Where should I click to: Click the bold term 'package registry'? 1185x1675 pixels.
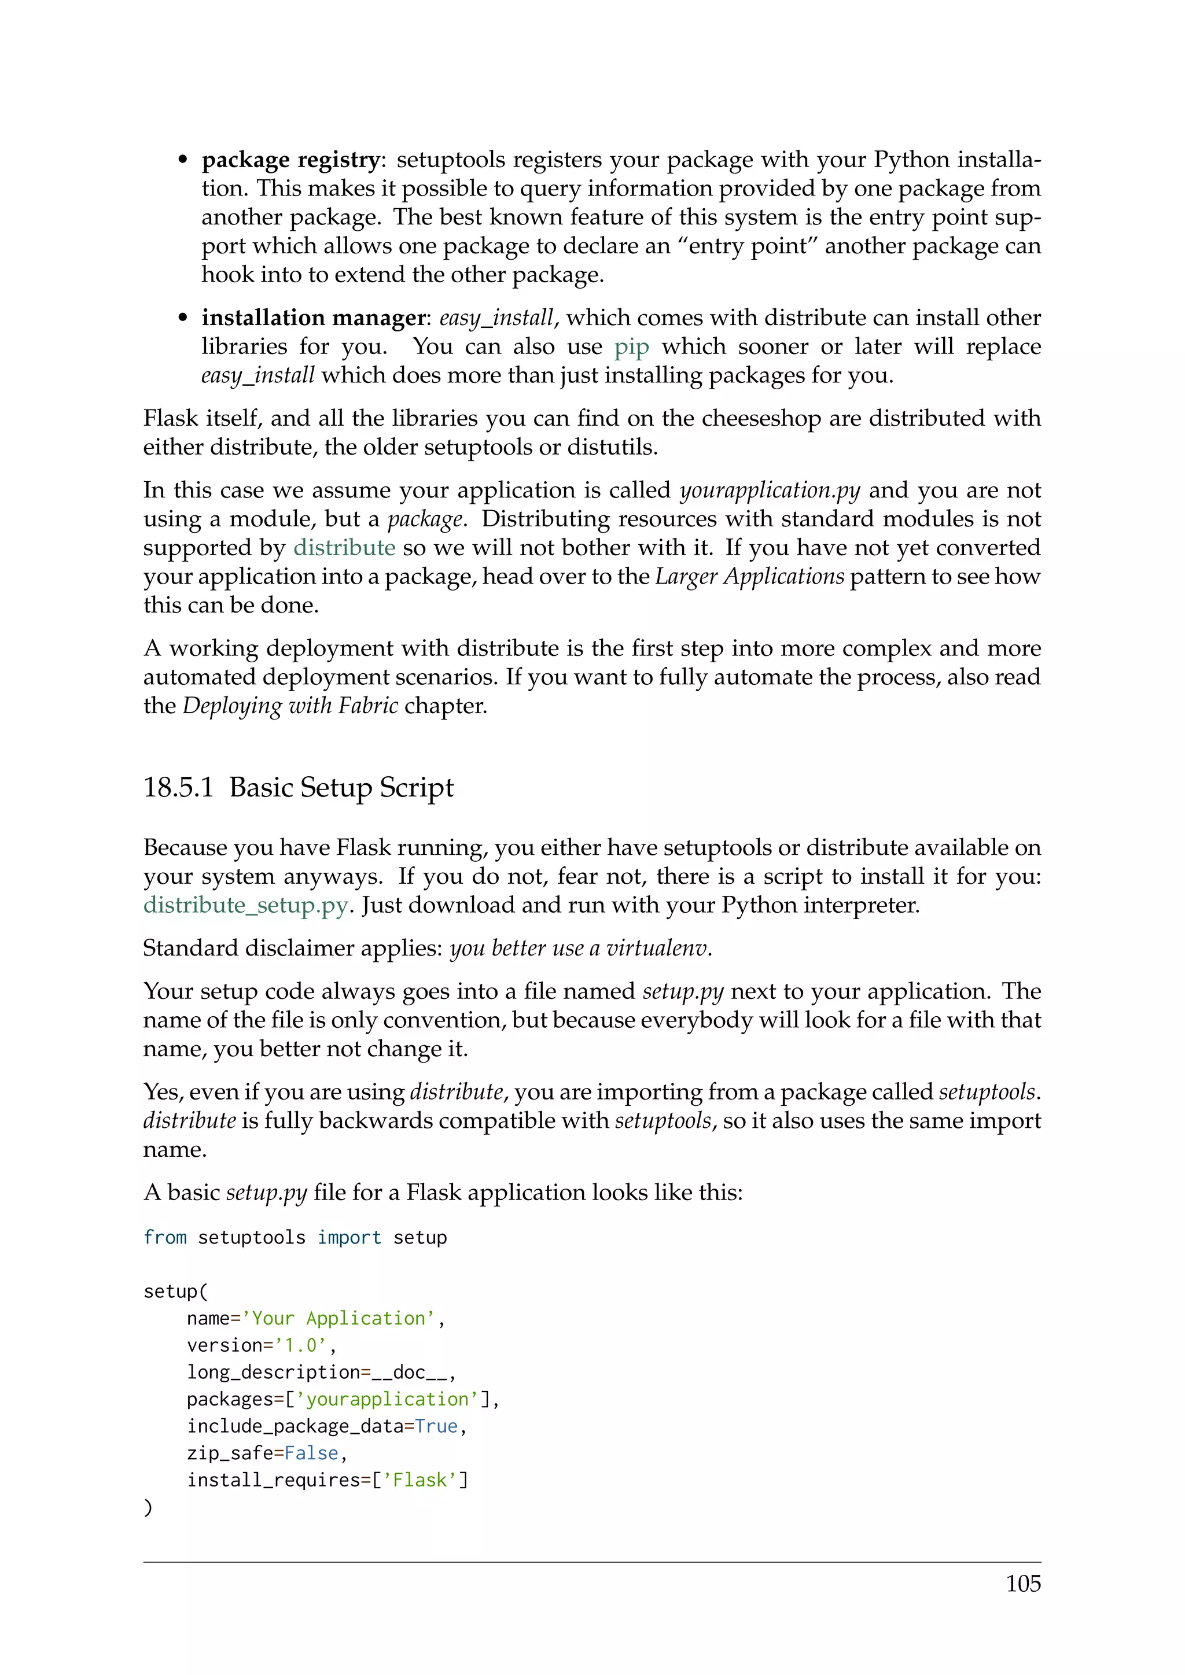tap(290, 160)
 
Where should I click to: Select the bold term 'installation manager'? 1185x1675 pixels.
tap(314, 318)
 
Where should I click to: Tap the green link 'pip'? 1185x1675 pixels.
tap(631, 346)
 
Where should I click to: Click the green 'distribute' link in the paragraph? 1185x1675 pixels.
tap(344, 548)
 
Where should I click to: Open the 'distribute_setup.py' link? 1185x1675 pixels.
tap(246, 905)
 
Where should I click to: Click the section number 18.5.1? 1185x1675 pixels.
tap(178, 788)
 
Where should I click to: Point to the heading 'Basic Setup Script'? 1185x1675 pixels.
tap(341, 788)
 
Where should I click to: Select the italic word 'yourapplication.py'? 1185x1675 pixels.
tap(770, 491)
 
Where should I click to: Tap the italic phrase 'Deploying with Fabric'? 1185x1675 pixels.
tap(290, 706)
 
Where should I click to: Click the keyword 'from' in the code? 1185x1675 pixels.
tap(165, 1238)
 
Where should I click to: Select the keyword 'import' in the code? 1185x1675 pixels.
tap(349, 1238)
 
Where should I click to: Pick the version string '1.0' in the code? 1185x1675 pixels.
tap(301, 1346)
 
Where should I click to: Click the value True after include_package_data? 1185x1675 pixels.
tap(436, 1427)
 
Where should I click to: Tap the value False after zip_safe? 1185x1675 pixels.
tap(311, 1454)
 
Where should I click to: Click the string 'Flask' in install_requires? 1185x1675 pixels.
tap(419, 1481)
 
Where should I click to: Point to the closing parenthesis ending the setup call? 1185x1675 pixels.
tap(148, 1507)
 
